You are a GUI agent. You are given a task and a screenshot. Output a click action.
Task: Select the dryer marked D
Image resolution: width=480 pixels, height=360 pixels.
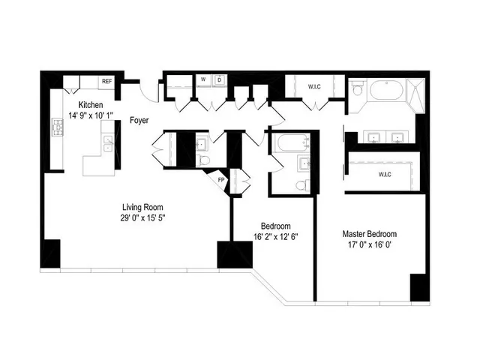[x=219, y=79]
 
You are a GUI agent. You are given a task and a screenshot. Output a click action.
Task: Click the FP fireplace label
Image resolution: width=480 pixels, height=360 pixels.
[x=221, y=181]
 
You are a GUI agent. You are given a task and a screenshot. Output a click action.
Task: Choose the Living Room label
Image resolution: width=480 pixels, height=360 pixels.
[x=142, y=207]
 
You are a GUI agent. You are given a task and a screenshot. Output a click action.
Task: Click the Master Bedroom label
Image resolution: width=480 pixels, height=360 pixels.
[x=369, y=234]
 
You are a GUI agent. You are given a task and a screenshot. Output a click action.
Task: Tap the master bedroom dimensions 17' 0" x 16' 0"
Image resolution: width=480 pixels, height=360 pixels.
[x=369, y=245]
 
